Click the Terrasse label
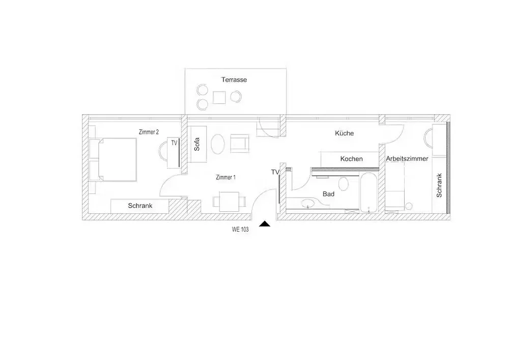(234, 79)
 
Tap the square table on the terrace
(219, 97)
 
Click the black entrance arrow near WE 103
(265, 224)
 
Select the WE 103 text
(240, 229)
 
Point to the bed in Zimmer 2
(117, 159)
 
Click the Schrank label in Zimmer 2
(140, 206)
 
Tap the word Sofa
(196, 144)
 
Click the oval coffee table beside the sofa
(217, 144)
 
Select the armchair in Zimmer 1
(240, 144)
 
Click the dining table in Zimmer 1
(229, 202)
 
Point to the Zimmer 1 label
(225, 177)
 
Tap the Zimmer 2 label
(149, 132)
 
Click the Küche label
(345, 133)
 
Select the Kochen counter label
(352, 159)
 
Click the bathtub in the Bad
(369, 192)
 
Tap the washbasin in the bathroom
(307, 204)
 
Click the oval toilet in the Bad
(344, 184)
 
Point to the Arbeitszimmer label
(407, 159)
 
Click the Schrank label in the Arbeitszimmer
(439, 185)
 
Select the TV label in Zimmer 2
(174, 143)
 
